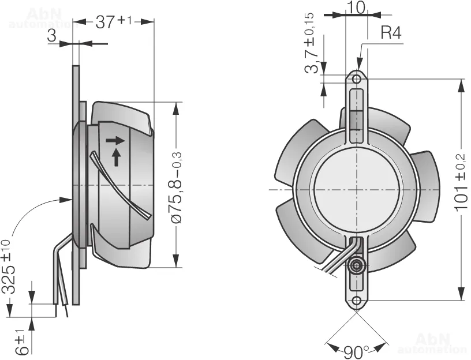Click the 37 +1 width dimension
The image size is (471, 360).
coord(113,22)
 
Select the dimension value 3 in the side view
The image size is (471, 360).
coord(52,36)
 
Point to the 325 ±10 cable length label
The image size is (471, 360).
coord(8,267)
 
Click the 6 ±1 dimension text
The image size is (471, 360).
coord(21,342)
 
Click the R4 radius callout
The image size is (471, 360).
coord(391,32)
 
